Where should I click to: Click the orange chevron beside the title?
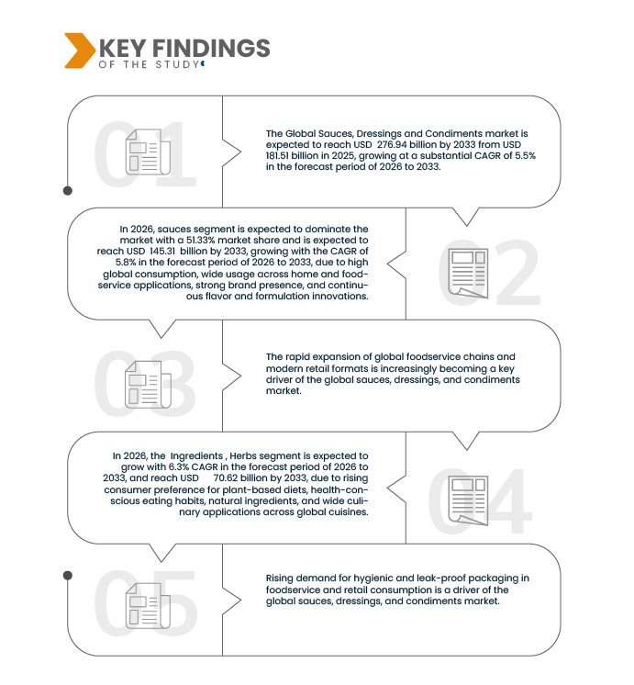tap(80, 51)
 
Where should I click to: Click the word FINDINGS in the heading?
tap(211, 48)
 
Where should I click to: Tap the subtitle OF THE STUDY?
tap(149, 64)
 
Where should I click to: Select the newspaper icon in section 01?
tap(148, 152)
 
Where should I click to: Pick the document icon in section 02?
tap(468, 274)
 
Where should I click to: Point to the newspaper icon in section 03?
tap(148, 385)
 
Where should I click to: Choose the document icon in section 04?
tap(468, 500)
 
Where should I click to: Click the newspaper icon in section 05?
tap(148, 606)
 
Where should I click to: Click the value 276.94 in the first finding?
tap(394, 144)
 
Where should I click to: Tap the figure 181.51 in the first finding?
tap(277, 155)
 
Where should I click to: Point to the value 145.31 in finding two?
tap(162, 252)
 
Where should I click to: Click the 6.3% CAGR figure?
tap(179, 466)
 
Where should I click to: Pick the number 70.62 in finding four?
tap(226, 477)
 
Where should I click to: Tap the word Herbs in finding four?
tap(243, 455)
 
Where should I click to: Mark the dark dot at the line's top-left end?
tap(68, 190)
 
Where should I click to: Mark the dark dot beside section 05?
tap(68, 576)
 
